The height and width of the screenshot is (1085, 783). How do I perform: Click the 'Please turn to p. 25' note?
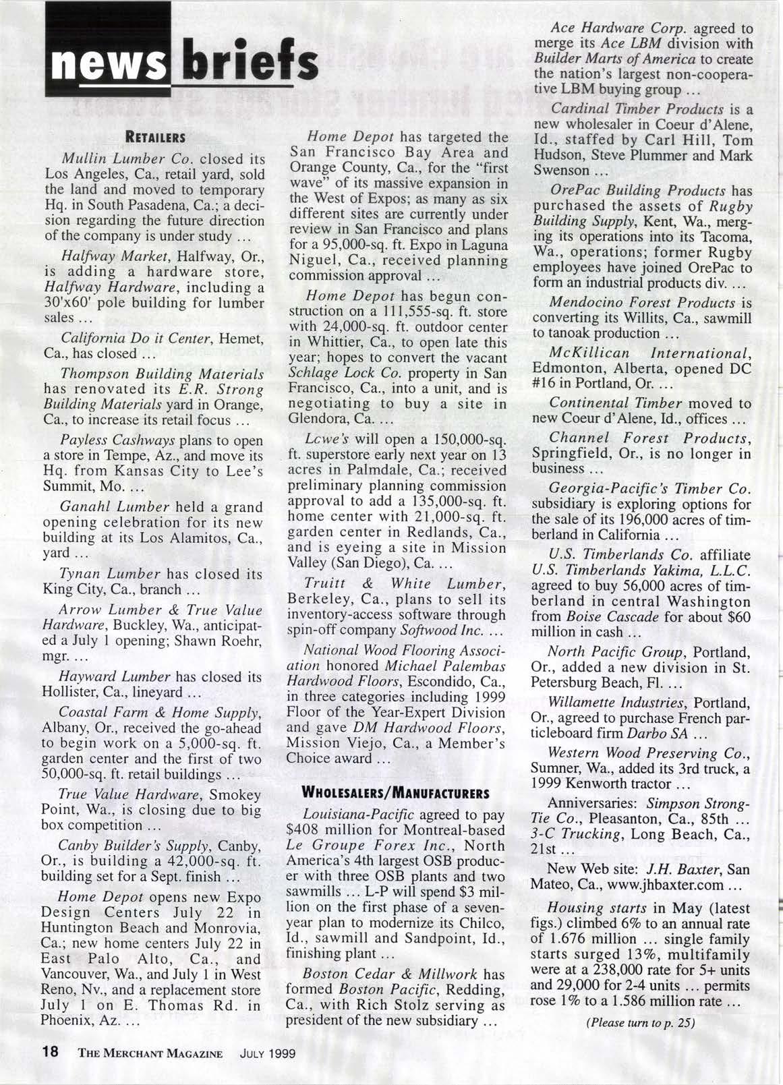[640, 1022]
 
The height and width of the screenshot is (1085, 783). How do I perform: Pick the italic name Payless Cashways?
[118, 440]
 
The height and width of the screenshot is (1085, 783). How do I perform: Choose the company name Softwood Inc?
[440, 631]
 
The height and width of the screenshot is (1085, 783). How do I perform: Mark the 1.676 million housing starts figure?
[596, 938]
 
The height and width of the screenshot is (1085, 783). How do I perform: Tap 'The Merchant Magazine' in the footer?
[150, 1053]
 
